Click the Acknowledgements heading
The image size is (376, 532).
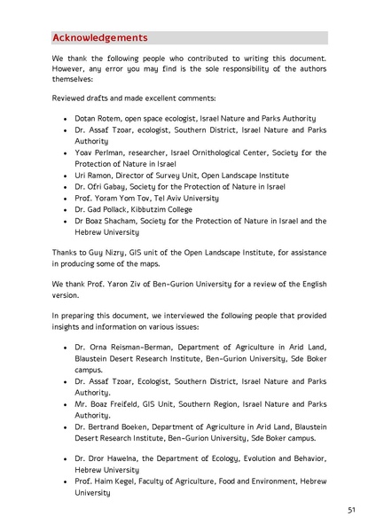coord(99,37)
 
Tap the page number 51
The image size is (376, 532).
coord(351,510)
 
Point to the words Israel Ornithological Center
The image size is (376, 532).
coord(209,152)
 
